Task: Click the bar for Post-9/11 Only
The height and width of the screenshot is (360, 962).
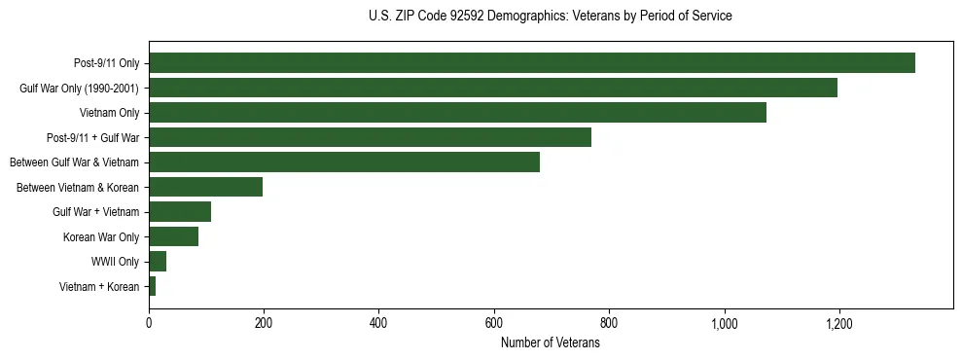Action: click(x=531, y=63)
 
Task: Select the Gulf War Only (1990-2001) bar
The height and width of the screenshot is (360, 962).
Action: click(x=492, y=89)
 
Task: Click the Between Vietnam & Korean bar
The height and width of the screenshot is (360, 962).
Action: click(x=205, y=187)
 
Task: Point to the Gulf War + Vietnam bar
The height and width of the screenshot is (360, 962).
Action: click(x=180, y=212)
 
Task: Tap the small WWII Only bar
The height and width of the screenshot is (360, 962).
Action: click(x=158, y=261)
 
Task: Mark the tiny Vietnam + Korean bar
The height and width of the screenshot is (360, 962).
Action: click(x=153, y=286)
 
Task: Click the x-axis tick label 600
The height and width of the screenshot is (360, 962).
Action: click(x=494, y=324)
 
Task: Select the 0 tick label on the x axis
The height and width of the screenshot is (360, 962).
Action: click(x=149, y=324)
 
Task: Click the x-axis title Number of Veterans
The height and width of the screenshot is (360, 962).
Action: click(x=550, y=343)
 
